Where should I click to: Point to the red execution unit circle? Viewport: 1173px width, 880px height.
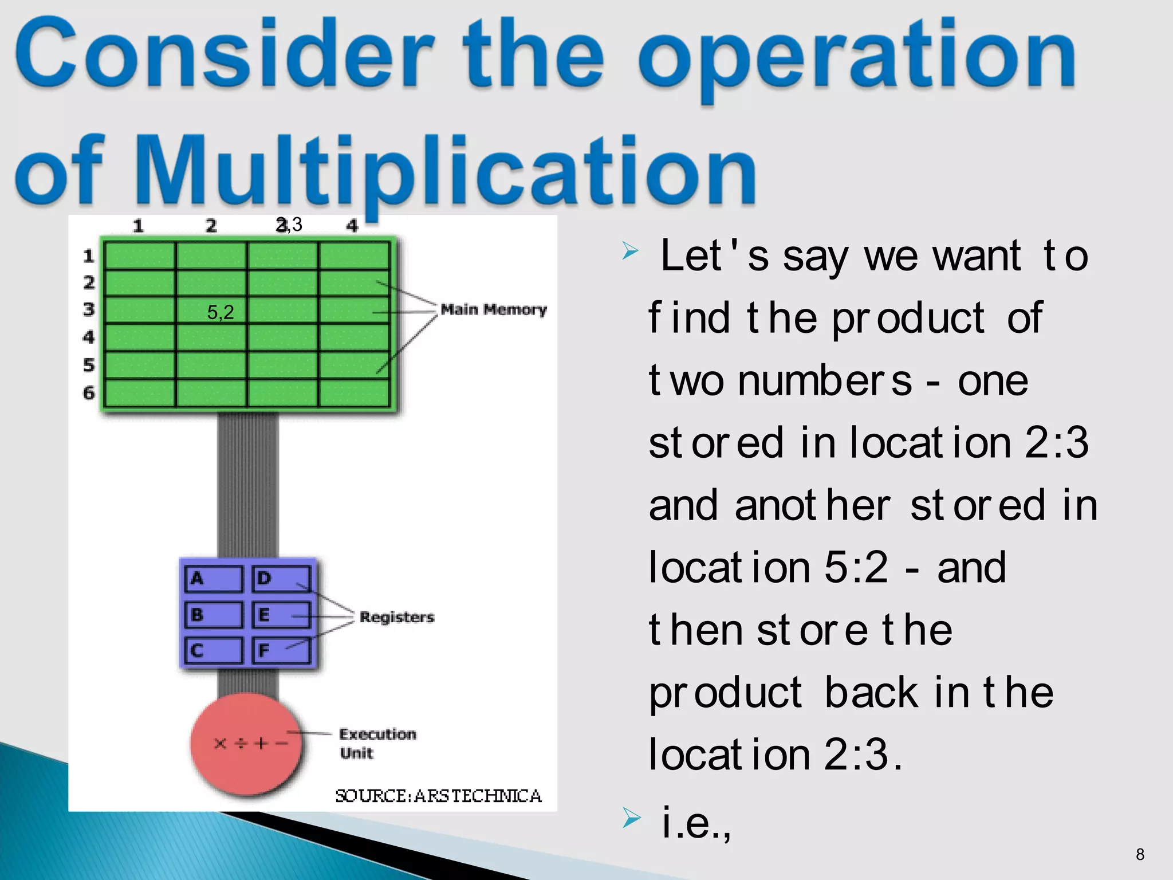click(246, 744)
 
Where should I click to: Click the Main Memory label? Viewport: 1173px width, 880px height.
click(493, 310)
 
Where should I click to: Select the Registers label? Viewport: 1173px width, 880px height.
click(396, 617)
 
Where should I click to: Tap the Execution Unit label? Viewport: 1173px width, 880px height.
click(377, 743)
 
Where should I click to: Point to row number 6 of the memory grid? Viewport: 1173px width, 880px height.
click(89, 393)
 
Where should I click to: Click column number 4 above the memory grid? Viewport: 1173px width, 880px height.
click(352, 226)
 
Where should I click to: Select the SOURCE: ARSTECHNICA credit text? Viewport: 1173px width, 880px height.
click(438, 796)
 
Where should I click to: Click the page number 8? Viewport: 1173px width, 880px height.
click(1140, 855)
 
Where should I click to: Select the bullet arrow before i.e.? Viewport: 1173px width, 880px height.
click(631, 818)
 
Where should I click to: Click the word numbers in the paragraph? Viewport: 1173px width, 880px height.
click(825, 381)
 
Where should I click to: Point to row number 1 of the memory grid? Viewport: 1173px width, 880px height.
click(88, 256)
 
